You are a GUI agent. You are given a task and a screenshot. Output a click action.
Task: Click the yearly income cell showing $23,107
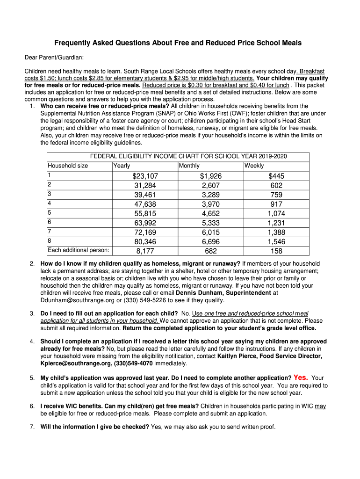tap(145, 176)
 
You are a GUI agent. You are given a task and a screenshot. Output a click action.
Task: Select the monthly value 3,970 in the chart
tap(210, 204)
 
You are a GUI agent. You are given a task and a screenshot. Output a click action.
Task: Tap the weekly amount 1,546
tap(276, 242)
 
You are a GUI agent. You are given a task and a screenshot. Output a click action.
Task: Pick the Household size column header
tap(68, 166)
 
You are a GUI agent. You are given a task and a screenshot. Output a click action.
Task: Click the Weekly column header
tap(254, 166)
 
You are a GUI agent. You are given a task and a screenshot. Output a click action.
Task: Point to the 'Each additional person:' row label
tap(79, 250)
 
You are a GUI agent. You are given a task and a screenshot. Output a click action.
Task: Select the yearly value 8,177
tap(145, 251)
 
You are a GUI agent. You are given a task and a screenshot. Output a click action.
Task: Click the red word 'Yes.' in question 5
tap(300, 377)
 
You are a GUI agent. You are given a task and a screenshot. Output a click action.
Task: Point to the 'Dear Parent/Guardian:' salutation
tap(54, 58)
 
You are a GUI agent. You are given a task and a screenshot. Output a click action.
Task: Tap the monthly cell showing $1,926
tap(210, 176)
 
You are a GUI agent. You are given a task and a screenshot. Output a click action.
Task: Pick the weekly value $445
tap(276, 176)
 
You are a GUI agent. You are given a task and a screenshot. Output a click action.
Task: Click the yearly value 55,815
tap(145, 214)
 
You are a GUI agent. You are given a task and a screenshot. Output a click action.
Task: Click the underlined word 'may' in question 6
tap(320, 406)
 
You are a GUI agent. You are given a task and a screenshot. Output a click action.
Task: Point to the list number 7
tap(32, 427)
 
